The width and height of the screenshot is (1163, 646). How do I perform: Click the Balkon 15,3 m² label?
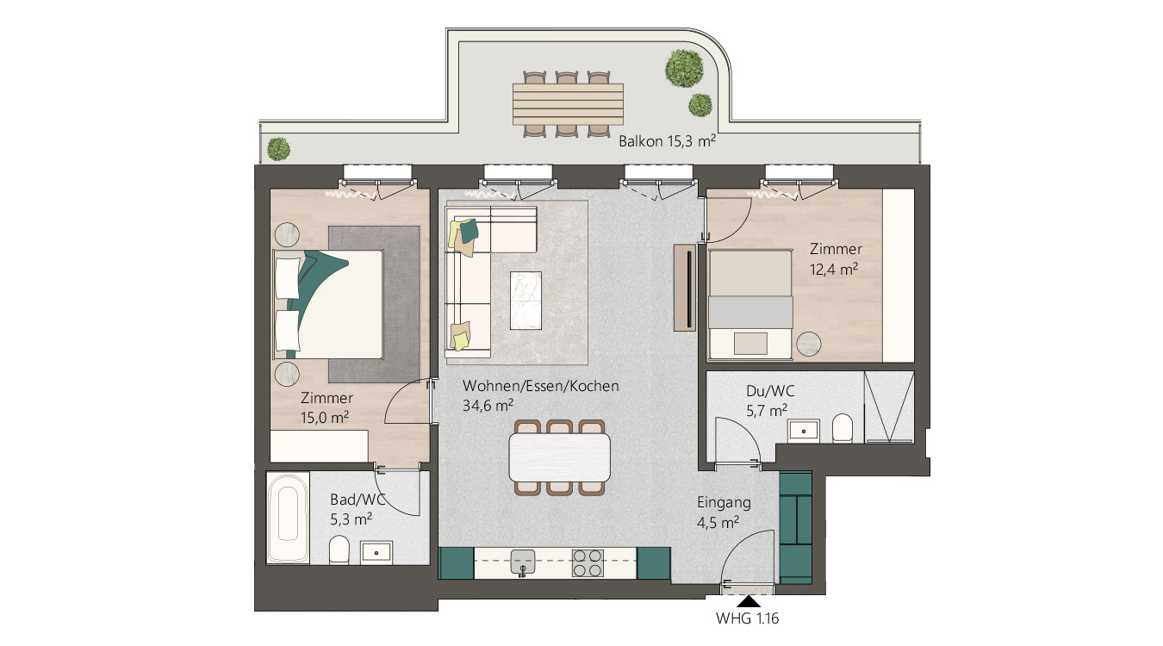pyautogui.click(x=667, y=141)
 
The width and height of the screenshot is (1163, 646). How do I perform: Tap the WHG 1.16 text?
pyautogui.click(x=748, y=618)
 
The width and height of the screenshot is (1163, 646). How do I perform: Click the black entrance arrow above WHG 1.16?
pyautogui.click(x=748, y=601)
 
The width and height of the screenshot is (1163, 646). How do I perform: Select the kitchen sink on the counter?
pyautogui.click(x=523, y=562)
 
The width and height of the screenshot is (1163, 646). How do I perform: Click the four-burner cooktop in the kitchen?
pyautogui.click(x=588, y=563)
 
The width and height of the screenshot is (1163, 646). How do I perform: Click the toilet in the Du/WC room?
pyautogui.click(x=843, y=428)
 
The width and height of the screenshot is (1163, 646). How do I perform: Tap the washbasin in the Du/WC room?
pyautogui.click(x=803, y=431)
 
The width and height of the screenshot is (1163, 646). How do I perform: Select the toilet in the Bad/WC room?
pyautogui.click(x=339, y=550)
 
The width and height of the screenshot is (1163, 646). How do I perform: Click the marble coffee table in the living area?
pyautogui.click(x=526, y=300)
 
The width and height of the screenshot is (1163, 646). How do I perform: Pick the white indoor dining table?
pyautogui.click(x=560, y=457)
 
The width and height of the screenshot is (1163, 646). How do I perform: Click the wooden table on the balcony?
pyautogui.click(x=568, y=104)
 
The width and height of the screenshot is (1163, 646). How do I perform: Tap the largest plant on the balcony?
pyautogui.click(x=684, y=68)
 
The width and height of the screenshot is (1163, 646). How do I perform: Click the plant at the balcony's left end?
pyautogui.click(x=278, y=148)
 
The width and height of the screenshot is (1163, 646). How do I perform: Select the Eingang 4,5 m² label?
pyautogui.click(x=724, y=512)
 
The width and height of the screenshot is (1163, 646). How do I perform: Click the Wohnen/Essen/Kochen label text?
pyautogui.click(x=540, y=386)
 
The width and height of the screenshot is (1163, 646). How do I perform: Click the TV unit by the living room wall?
pyautogui.click(x=685, y=287)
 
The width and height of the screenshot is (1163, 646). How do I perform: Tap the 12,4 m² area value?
pyautogui.click(x=833, y=270)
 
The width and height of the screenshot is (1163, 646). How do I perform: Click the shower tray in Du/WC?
pyautogui.click(x=889, y=407)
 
